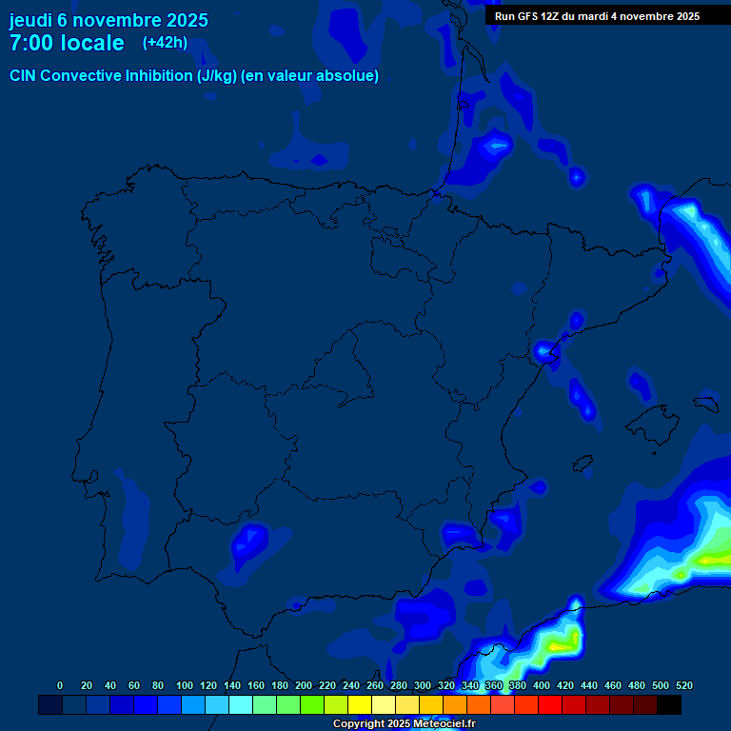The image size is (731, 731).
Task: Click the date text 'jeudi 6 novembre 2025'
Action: [109, 20]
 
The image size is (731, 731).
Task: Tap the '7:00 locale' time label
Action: [67, 44]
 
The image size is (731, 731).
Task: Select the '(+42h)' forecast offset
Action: [165, 43]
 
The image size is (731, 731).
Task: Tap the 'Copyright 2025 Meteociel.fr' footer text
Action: [404, 724]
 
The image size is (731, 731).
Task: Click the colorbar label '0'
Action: [60, 685]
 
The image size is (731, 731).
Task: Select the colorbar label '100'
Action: [185, 685]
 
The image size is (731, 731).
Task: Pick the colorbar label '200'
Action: [304, 685]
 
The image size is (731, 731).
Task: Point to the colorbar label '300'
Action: [423, 685]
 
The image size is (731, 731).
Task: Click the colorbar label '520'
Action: [683, 685]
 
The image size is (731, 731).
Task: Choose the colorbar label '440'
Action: [589, 685]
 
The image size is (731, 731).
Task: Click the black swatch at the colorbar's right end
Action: [669, 705]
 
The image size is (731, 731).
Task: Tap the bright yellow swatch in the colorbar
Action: [360, 705]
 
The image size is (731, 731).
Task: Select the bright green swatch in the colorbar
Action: [312, 705]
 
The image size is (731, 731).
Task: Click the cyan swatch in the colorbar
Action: [241, 705]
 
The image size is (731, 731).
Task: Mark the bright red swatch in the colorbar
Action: [550, 705]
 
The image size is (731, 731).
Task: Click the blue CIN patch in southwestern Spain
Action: [250, 543]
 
